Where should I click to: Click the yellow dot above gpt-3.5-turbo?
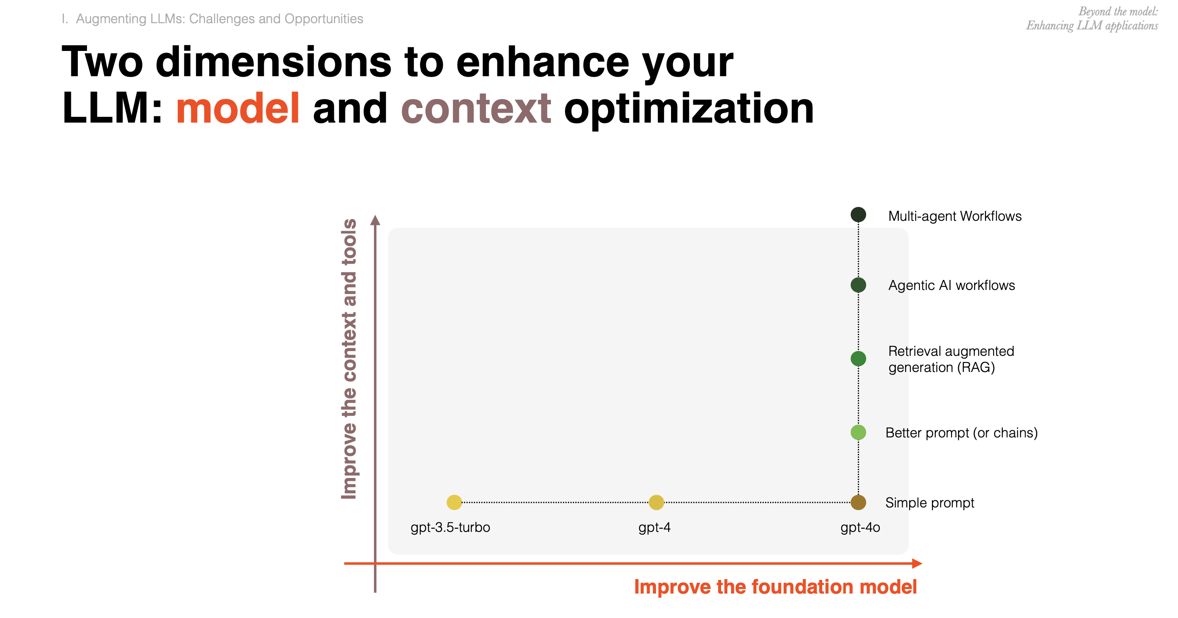click(454, 502)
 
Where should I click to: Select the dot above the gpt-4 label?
click(656, 502)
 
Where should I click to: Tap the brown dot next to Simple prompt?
click(858, 502)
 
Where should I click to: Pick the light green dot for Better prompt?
click(858, 432)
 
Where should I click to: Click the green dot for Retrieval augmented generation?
click(858, 359)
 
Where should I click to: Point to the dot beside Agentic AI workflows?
click(858, 285)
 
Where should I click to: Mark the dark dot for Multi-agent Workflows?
click(858, 215)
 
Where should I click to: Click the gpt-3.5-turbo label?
click(450, 527)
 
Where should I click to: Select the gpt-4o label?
click(860, 527)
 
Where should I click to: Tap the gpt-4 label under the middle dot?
click(654, 527)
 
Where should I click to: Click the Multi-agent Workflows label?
click(955, 216)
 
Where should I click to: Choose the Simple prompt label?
click(930, 503)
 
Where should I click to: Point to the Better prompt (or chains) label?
click(962, 433)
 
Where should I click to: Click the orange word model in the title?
click(238, 108)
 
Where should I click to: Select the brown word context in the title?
click(476, 109)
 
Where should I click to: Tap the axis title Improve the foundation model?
click(775, 587)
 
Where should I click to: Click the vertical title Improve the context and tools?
click(349, 359)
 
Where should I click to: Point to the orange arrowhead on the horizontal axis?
click(917, 564)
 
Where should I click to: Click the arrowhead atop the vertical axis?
click(375, 220)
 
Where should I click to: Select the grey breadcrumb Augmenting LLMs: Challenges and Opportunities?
click(220, 19)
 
